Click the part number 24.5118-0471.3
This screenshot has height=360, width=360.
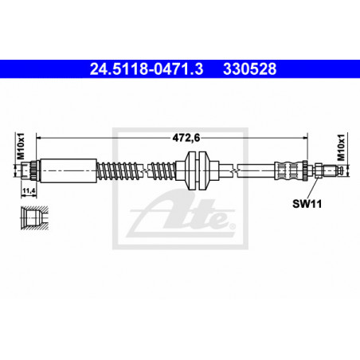(x=147, y=69)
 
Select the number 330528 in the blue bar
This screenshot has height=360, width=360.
(x=250, y=69)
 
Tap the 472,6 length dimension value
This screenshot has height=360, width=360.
(x=186, y=138)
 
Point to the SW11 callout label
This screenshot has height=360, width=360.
(x=307, y=204)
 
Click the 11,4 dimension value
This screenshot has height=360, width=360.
(x=29, y=190)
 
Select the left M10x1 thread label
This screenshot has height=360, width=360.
(x=21, y=147)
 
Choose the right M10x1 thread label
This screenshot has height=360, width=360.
(x=341, y=147)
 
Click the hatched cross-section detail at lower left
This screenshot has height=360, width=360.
(x=34, y=217)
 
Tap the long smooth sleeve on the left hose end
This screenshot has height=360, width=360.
(x=68, y=170)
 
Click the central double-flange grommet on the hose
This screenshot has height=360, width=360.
(x=197, y=170)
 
